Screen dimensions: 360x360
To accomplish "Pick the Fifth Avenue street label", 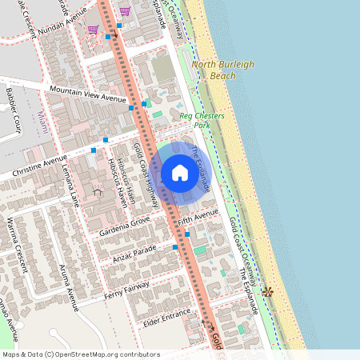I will [x=198, y=217].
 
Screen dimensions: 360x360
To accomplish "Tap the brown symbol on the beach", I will [x=267, y=293].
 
